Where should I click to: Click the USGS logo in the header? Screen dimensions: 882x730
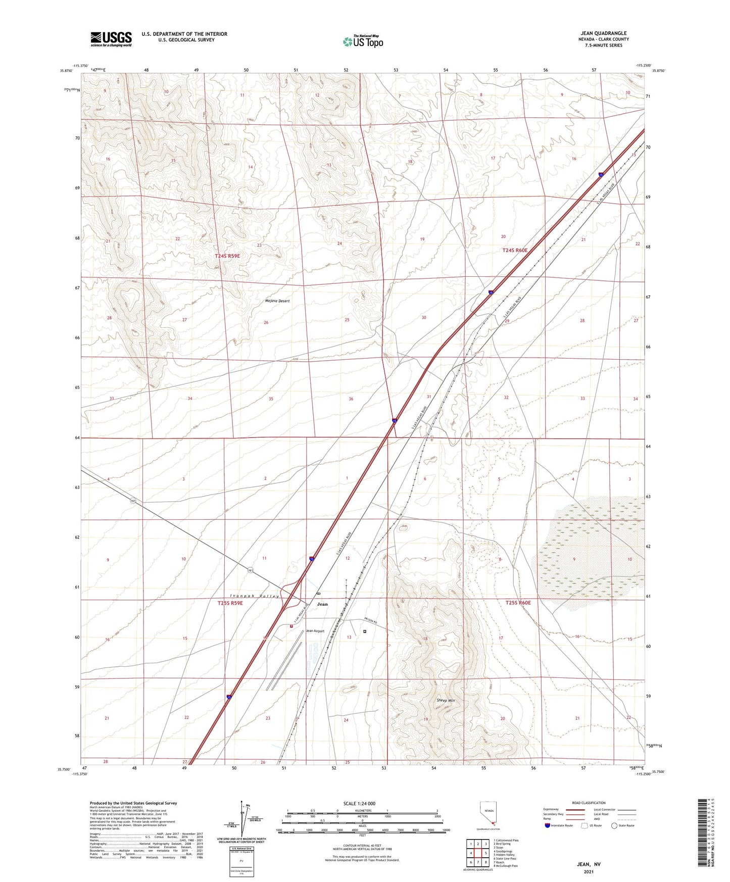[x=111, y=38]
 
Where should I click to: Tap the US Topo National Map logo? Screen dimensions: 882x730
[x=363, y=41]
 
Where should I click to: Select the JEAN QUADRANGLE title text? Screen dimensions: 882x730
[x=603, y=33]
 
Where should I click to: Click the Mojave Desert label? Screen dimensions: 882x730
[x=277, y=301]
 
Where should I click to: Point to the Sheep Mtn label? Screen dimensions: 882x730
[x=446, y=701]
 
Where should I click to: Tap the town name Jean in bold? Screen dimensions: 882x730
[x=322, y=604]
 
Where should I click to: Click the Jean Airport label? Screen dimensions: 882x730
[x=315, y=631]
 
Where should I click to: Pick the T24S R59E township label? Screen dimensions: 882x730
[x=227, y=256]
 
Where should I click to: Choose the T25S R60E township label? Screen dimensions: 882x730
[x=518, y=603]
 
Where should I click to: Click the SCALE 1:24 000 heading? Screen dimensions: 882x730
[x=359, y=804]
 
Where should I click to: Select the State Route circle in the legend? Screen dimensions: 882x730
[x=614, y=826]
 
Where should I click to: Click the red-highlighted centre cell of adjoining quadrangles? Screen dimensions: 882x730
[x=478, y=853]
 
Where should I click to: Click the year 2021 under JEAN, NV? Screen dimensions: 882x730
[x=589, y=871]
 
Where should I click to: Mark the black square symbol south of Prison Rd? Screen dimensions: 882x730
[x=365, y=631]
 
